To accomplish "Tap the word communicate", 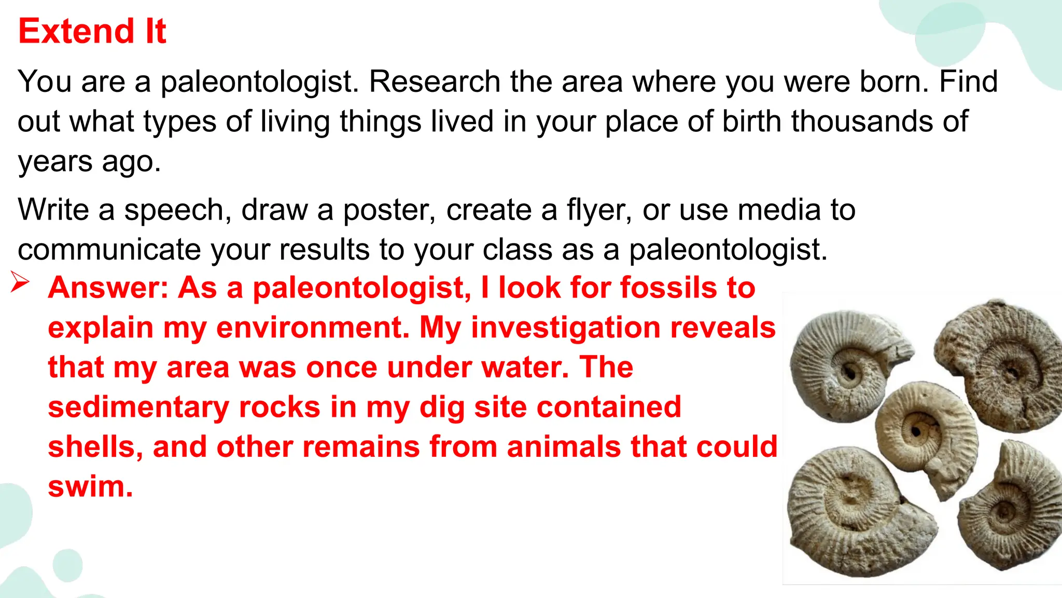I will tap(109, 250).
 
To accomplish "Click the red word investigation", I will tap(566, 328).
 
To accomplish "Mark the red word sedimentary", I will tap(138, 407).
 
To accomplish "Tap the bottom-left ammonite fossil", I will tap(856, 511).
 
